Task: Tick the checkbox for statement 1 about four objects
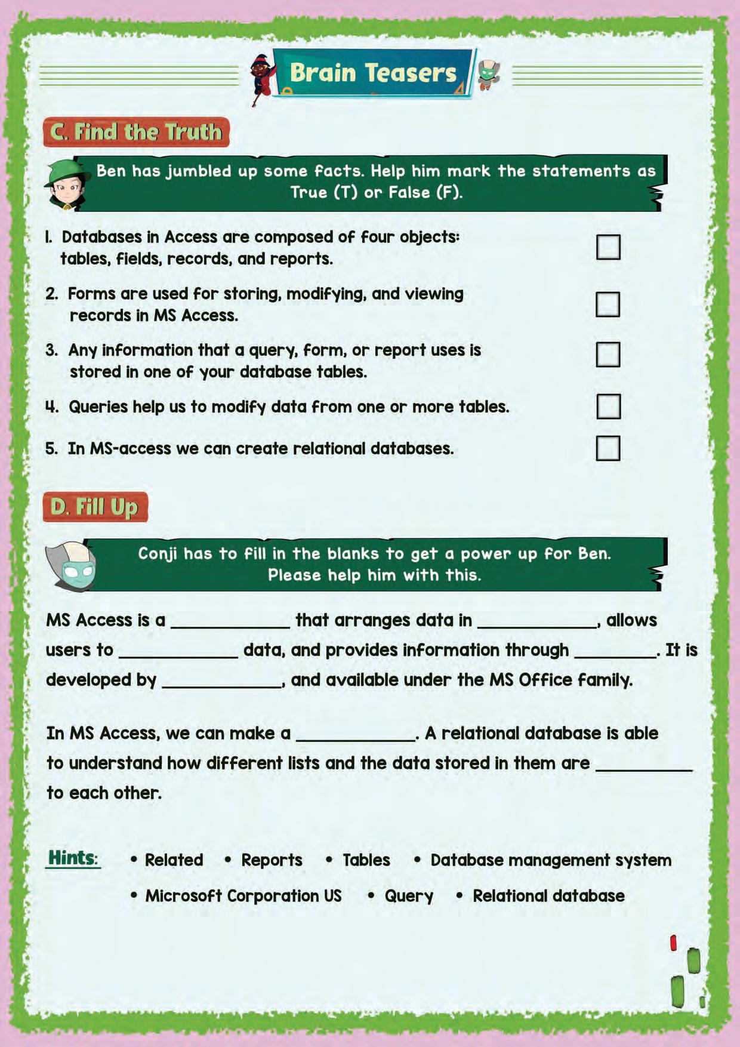click(x=608, y=247)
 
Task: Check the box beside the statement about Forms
click(x=608, y=304)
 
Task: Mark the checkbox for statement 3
click(x=608, y=354)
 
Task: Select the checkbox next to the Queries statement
click(x=608, y=406)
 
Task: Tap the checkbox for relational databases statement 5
click(x=608, y=448)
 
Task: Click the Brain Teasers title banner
click(x=373, y=73)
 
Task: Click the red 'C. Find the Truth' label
click(x=136, y=132)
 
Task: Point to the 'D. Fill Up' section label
click(x=95, y=507)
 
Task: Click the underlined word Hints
click(x=73, y=858)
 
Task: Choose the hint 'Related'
click(x=174, y=860)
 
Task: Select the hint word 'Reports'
click(x=272, y=860)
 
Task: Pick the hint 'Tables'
click(x=366, y=860)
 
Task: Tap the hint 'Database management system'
click(x=550, y=860)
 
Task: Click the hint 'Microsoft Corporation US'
click(x=243, y=896)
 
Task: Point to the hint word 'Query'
click(x=409, y=896)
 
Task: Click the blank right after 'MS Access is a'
click(x=230, y=622)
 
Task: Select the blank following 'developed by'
click(x=221, y=682)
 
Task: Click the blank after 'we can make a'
click(x=356, y=735)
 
